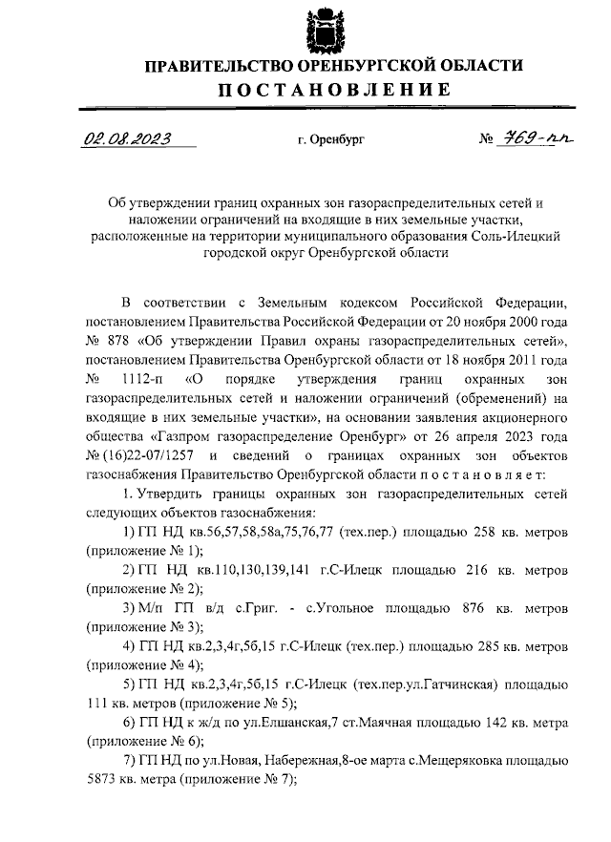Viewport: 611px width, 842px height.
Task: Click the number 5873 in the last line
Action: pos(102,779)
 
